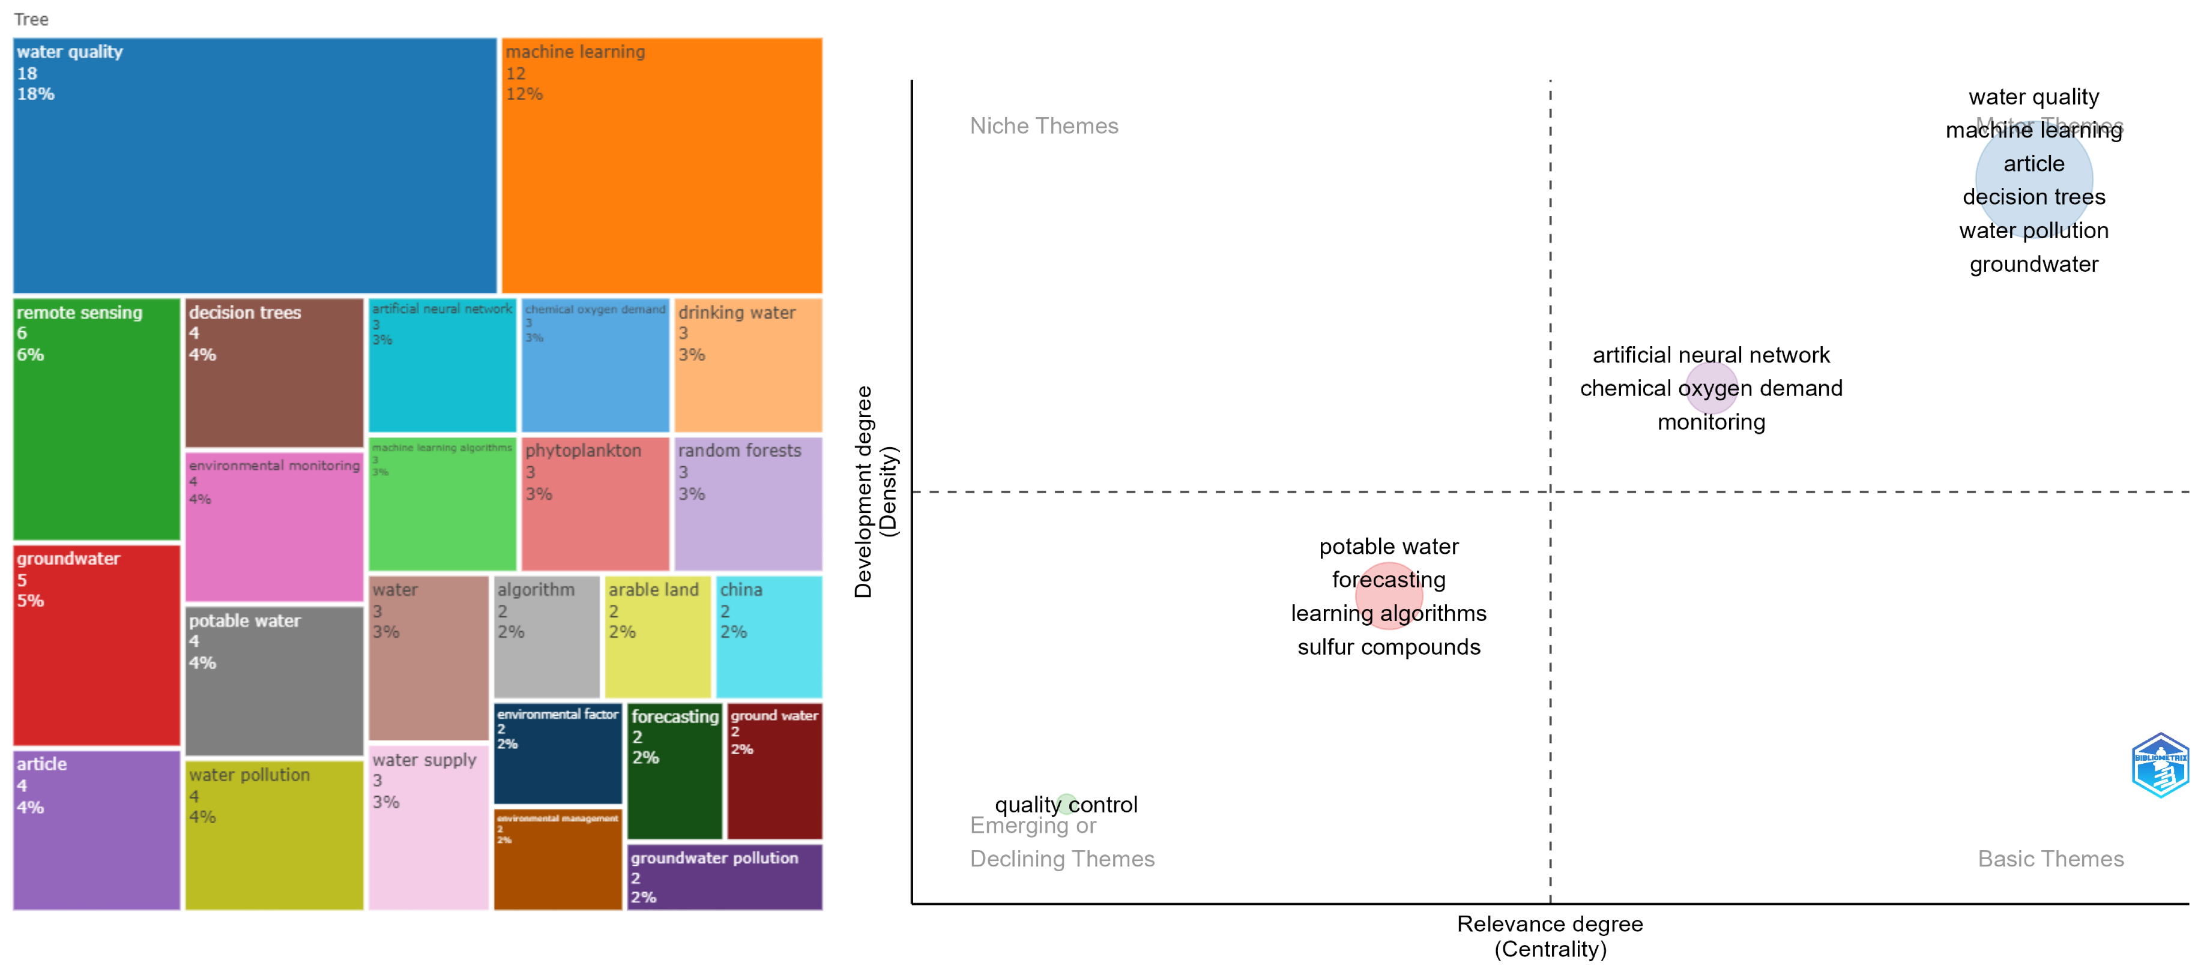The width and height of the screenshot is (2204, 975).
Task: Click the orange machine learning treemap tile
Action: click(x=662, y=165)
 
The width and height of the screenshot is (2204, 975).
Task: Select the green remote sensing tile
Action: click(x=97, y=419)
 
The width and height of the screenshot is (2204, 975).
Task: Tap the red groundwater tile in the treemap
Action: click(x=97, y=646)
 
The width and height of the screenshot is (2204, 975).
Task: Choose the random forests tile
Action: click(x=748, y=504)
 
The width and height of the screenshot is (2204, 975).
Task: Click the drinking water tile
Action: click(x=748, y=365)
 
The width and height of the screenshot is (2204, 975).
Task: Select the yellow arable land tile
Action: click(x=657, y=637)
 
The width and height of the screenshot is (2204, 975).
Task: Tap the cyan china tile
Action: click(x=768, y=637)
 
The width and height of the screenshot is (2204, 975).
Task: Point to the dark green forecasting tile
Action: click(x=674, y=772)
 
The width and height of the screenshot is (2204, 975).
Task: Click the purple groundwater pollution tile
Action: click(x=724, y=877)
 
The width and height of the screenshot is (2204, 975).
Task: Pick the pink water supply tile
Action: click(x=429, y=827)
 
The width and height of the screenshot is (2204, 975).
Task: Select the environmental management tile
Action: click(x=558, y=860)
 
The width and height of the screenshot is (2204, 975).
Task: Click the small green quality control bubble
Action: click(x=1065, y=802)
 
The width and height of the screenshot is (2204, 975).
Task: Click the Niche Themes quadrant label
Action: click(x=1044, y=126)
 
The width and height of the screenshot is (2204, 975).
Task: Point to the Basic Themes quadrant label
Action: click(x=2050, y=859)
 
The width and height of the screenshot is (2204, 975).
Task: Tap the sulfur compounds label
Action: click(x=1387, y=647)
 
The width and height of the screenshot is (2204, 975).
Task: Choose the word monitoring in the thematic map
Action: click(x=1710, y=422)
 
